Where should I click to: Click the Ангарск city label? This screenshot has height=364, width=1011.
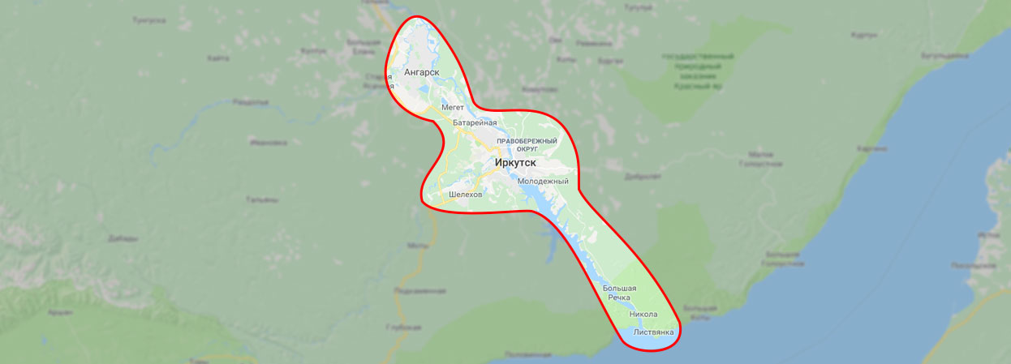[421, 72]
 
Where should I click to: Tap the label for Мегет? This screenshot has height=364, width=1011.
[452, 107]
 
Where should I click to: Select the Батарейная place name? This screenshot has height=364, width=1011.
[474, 122]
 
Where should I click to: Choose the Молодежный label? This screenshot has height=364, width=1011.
[543, 181]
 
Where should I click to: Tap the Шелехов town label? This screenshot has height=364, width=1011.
[465, 195]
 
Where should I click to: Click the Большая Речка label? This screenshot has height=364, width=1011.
[619, 293]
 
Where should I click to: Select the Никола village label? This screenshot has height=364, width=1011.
[643, 314]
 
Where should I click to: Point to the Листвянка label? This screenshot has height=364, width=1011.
[654, 332]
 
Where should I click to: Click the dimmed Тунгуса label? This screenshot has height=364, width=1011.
[150, 19]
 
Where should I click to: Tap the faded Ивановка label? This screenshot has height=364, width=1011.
[269, 142]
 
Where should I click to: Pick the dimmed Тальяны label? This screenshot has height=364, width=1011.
[264, 199]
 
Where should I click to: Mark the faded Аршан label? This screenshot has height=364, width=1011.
[59, 311]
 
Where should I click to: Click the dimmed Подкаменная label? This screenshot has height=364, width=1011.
[419, 290]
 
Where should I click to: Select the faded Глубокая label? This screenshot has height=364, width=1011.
[404, 327]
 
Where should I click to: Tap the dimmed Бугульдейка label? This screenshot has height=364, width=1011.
[944, 56]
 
